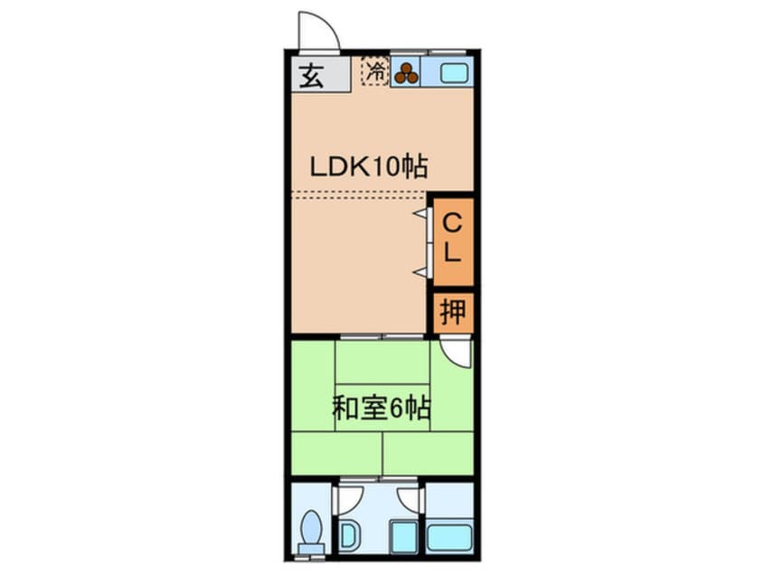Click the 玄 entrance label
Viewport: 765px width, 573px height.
pos(311,77)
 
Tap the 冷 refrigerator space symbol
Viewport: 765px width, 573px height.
pos(375,71)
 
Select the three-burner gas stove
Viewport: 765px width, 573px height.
pos(406,73)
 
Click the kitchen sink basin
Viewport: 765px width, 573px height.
pos(454,73)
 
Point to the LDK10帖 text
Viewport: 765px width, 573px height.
pos(369,167)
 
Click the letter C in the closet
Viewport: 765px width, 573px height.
pos(452,224)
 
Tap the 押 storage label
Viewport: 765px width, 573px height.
pos(453,311)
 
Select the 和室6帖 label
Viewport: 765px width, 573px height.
pos(381,409)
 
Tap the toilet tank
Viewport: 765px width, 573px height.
pos(311,548)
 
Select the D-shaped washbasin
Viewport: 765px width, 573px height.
pos(350,536)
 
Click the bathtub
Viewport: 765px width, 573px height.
pos(449,538)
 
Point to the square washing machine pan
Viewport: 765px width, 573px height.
pos(404,536)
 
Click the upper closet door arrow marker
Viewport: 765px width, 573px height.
pos(420,213)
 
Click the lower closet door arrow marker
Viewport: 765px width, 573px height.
pos(420,272)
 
